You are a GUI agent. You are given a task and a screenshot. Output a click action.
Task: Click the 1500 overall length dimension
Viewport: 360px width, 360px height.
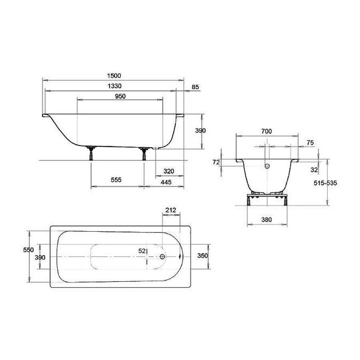click(x=114, y=76)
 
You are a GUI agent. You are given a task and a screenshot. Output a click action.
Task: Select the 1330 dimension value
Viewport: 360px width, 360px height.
click(x=114, y=86)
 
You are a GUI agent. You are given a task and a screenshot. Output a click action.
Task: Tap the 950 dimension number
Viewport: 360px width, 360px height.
click(x=120, y=96)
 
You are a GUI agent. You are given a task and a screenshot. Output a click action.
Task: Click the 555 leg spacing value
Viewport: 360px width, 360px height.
click(x=116, y=180)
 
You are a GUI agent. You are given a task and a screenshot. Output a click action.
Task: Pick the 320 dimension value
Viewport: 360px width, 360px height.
click(x=169, y=171)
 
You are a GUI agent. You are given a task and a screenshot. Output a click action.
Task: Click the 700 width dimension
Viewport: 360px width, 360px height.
click(x=266, y=131)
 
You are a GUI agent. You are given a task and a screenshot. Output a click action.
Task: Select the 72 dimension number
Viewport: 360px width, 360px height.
click(x=216, y=162)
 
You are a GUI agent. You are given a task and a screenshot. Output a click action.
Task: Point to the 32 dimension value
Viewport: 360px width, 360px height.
click(x=314, y=170)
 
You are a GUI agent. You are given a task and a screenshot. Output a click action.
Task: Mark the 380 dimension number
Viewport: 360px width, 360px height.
click(x=266, y=220)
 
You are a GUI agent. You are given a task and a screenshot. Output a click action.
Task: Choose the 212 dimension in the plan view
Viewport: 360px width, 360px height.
click(x=170, y=210)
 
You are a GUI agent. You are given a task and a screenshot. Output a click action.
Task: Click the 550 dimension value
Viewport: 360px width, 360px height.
click(x=28, y=250)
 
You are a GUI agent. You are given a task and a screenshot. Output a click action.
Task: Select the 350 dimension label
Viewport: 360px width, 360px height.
click(x=203, y=256)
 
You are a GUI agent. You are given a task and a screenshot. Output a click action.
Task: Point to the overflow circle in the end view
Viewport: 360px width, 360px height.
click(x=268, y=166)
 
